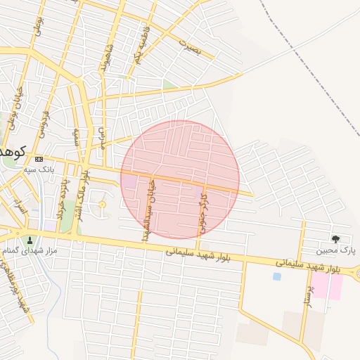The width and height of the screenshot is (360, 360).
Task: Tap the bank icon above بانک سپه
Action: [39, 159]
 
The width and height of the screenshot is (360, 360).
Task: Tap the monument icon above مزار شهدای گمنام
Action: [29, 239]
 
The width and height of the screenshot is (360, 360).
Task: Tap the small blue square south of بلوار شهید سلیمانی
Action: [276, 276]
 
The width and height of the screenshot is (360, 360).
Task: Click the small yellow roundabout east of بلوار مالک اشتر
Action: [102, 205]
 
